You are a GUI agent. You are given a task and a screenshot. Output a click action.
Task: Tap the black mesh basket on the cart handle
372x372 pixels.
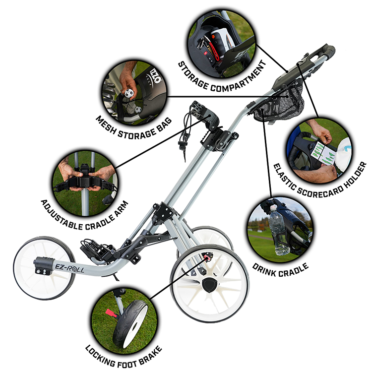[279, 103]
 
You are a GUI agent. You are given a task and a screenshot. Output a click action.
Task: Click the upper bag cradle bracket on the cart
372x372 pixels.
[206, 112]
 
